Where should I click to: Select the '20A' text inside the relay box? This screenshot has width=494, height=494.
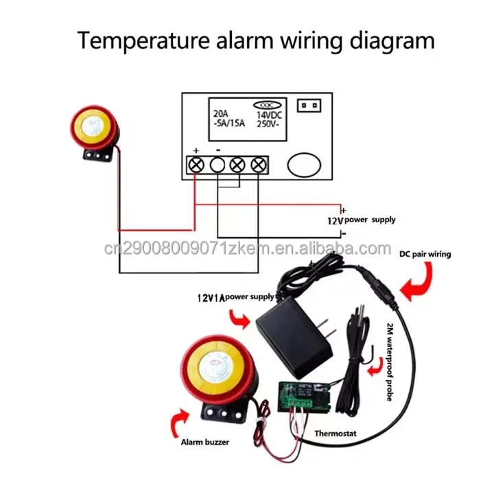point(222,114)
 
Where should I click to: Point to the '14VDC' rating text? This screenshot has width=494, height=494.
point(270,114)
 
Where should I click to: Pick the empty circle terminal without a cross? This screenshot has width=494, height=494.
point(217,165)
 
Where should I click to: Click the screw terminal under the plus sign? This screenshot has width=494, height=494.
point(196,165)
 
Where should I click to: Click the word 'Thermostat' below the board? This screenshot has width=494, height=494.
point(336,434)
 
